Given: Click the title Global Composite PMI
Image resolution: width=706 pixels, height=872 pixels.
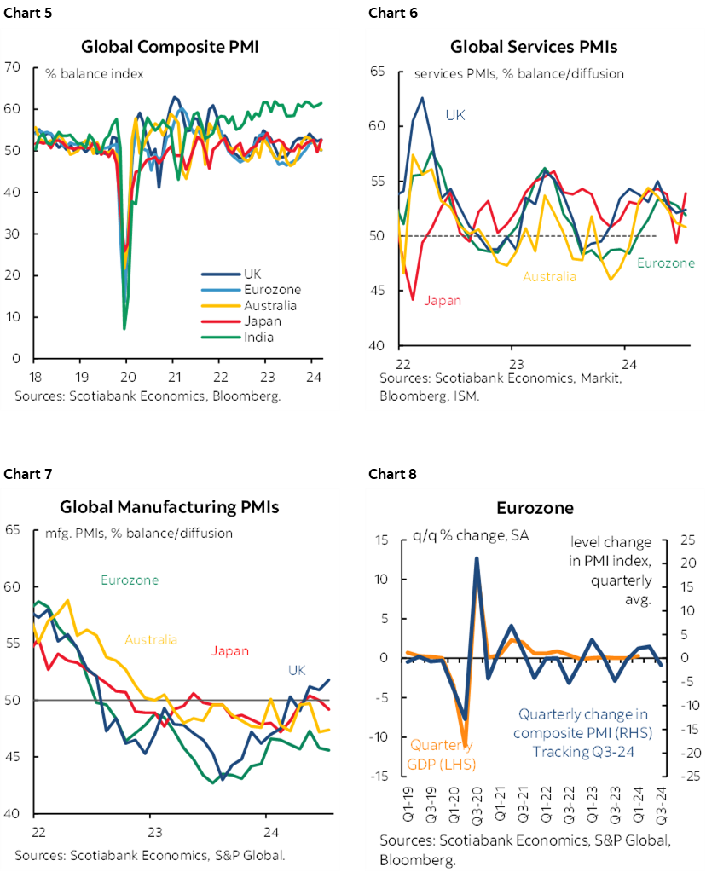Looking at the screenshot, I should coord(169,46).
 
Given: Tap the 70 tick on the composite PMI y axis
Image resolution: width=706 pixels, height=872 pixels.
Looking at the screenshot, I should coord(12,66).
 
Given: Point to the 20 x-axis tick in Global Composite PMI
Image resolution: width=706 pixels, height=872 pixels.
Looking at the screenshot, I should coord(126,377).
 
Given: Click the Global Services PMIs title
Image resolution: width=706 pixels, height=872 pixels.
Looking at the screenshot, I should coord(534,46).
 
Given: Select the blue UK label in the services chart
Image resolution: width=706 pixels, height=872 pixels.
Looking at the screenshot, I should coord(455,114).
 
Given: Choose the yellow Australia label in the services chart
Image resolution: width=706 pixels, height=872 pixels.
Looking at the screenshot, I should coord(549,276).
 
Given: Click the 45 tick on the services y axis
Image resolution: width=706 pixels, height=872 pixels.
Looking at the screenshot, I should coord(378,291).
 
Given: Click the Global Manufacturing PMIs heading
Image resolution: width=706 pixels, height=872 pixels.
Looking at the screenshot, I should coord(169,507).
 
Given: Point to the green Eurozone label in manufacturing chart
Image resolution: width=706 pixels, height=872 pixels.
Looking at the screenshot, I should coord(130,580).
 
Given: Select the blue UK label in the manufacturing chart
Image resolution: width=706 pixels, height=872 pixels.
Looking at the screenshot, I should coord(296,671).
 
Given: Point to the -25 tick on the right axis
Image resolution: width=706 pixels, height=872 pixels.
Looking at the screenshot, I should coord(687,776).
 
